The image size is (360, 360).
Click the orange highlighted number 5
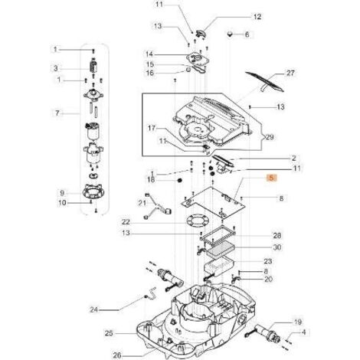(x=269, y=177)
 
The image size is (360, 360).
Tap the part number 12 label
(x=236, y=16)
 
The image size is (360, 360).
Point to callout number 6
(x=247, y=34)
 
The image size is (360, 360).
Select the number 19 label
(x=277, y=322)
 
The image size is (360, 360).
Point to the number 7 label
(x=55, y=114)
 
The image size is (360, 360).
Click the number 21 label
(x=142, y=202)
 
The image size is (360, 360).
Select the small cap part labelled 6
(x=229, y=34)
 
